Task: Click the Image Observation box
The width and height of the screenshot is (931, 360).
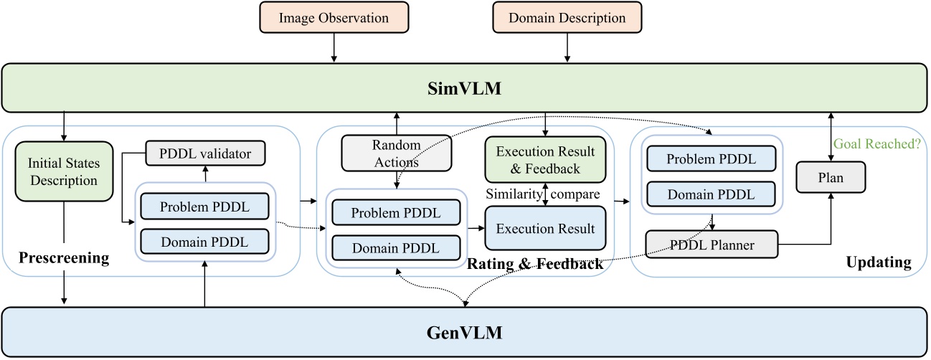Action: point(334,18)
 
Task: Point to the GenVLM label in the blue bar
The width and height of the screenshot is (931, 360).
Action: point(465,332)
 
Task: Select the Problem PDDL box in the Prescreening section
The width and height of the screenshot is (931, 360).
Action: point(205,208)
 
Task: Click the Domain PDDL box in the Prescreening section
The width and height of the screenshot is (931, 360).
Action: point(205,242)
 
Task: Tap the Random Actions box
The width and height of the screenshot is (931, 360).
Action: point(397,152)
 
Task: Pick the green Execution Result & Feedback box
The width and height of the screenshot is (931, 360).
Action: point(545,160)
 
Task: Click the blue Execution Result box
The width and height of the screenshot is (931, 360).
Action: point(545,229)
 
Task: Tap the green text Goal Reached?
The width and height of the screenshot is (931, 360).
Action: point(876,143)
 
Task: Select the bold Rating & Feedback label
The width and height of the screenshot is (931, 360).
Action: point(535,265)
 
